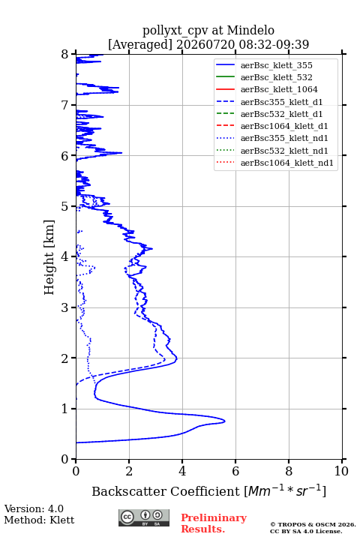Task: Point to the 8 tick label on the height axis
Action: [x=65, y=55]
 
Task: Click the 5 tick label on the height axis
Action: [x=65, y=206]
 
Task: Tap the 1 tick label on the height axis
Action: [x=65, y=409]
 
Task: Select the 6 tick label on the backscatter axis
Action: [x=235, y=471]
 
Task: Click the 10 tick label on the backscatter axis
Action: [x=341, y=471]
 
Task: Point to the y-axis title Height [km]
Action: [x=49, y=257]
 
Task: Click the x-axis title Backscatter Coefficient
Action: [x=166, y=491]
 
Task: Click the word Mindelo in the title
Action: [x=250, y=30]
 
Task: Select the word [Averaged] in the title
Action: [x=140, y=45]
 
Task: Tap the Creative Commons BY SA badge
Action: [x=144, y=517]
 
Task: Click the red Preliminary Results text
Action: [x=214, y=523]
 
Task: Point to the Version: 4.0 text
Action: [x=34, y=508]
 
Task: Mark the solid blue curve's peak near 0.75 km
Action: [x=225, y=421]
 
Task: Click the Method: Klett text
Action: [x=39, y=520]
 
